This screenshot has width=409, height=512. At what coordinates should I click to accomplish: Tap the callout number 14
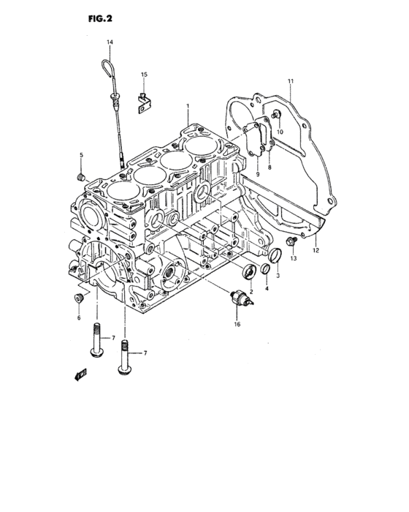(x=110, y=43)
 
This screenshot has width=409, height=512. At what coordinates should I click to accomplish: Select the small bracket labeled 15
(x=144, y=102)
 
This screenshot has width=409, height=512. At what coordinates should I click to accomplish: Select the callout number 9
(x=257, y=174)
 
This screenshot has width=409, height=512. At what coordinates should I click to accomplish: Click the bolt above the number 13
(x=290, y=242)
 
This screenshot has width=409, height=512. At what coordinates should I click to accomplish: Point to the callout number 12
(x=316, y=251)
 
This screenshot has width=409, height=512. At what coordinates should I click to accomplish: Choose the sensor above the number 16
(x=236, y=300)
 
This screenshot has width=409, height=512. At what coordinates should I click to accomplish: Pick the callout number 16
(x=236, y=324)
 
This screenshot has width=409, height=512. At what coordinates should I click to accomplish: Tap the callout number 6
(x=79, y=317)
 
